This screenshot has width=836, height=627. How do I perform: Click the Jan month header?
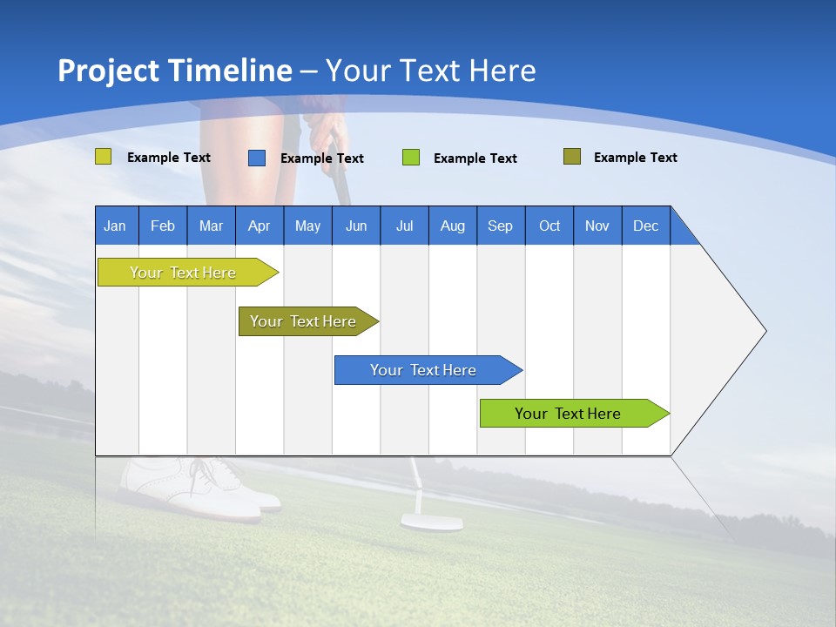coord(116,226)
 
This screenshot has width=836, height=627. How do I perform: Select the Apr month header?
coord(259,226)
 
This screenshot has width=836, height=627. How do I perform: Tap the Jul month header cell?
coord(404,226)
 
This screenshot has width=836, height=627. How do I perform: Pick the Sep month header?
coord(500,226)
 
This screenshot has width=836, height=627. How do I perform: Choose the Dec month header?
coord(645,226)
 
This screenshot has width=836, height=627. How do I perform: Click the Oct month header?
coord(549,226)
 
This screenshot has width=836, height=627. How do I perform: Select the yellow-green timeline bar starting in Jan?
coord(184,273)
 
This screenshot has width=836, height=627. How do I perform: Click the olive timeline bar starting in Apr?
coord(304,321)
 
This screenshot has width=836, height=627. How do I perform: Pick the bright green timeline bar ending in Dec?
coord(569,414)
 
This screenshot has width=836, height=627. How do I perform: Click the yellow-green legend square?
coord(103,157)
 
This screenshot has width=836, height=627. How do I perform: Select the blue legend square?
coord(256,158)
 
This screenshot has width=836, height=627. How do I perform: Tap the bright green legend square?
coord(410,158)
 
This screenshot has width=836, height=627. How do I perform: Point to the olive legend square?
coord(571,157)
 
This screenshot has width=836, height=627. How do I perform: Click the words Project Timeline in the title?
coord(174,71)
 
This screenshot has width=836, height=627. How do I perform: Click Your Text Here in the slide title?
coord(430,71)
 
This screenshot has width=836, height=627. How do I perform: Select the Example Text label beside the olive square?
coord(635,158)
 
